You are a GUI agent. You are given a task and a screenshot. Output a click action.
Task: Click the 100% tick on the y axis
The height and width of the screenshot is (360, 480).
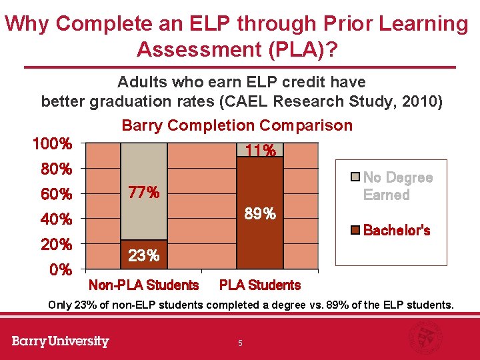[53, 144]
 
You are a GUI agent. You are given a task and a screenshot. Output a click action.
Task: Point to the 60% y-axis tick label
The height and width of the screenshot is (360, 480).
[56, 195]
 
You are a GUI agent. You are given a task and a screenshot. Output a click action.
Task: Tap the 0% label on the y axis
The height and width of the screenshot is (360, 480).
[61, 270]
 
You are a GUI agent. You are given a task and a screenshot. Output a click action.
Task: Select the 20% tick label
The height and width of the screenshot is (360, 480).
[56, 245]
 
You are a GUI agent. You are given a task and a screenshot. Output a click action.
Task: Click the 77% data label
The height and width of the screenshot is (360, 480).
[143, 193]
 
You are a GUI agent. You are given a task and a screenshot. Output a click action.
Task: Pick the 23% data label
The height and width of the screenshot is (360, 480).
[143, 256]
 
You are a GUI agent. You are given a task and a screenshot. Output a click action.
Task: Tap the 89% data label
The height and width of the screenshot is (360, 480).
[260, 214]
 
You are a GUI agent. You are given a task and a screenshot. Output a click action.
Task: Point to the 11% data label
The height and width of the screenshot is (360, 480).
[260, 151]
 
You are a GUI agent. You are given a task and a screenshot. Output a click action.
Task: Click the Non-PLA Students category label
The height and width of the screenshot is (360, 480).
[143, 285]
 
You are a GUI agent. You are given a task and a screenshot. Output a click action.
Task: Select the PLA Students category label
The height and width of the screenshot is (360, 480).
[260, 285]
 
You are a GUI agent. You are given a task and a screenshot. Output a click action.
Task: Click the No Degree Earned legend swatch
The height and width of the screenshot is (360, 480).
[355, 177]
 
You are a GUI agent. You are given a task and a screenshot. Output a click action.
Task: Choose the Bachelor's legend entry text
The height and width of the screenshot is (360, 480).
[397, 231]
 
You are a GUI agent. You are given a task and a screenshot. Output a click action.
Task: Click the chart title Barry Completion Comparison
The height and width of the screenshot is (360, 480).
[237, 125]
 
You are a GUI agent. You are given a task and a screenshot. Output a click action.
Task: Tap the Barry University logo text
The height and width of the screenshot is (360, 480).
[60, 341]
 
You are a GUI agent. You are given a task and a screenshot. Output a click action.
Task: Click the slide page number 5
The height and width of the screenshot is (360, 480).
[240, 343]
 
